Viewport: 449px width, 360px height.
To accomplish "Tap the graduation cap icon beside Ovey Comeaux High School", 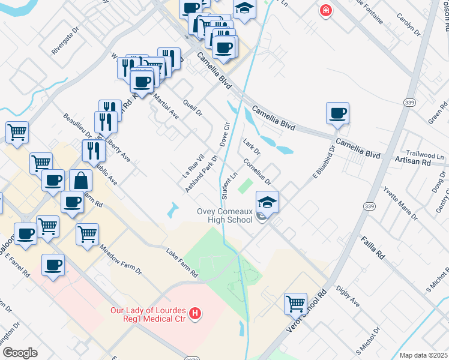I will pos(268,202).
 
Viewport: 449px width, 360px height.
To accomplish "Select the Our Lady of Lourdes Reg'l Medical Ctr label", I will pos(148,314).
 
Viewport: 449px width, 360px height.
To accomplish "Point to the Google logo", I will pos(20,353).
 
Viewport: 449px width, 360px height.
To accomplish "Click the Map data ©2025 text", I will pos(424,355).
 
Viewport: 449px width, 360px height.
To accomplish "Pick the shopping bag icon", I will pos(81,180).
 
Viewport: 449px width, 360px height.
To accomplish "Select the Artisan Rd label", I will pos(414,162).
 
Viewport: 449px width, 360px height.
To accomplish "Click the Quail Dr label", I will pos(194,108).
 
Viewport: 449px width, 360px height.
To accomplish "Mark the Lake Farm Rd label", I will pos(181,263).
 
